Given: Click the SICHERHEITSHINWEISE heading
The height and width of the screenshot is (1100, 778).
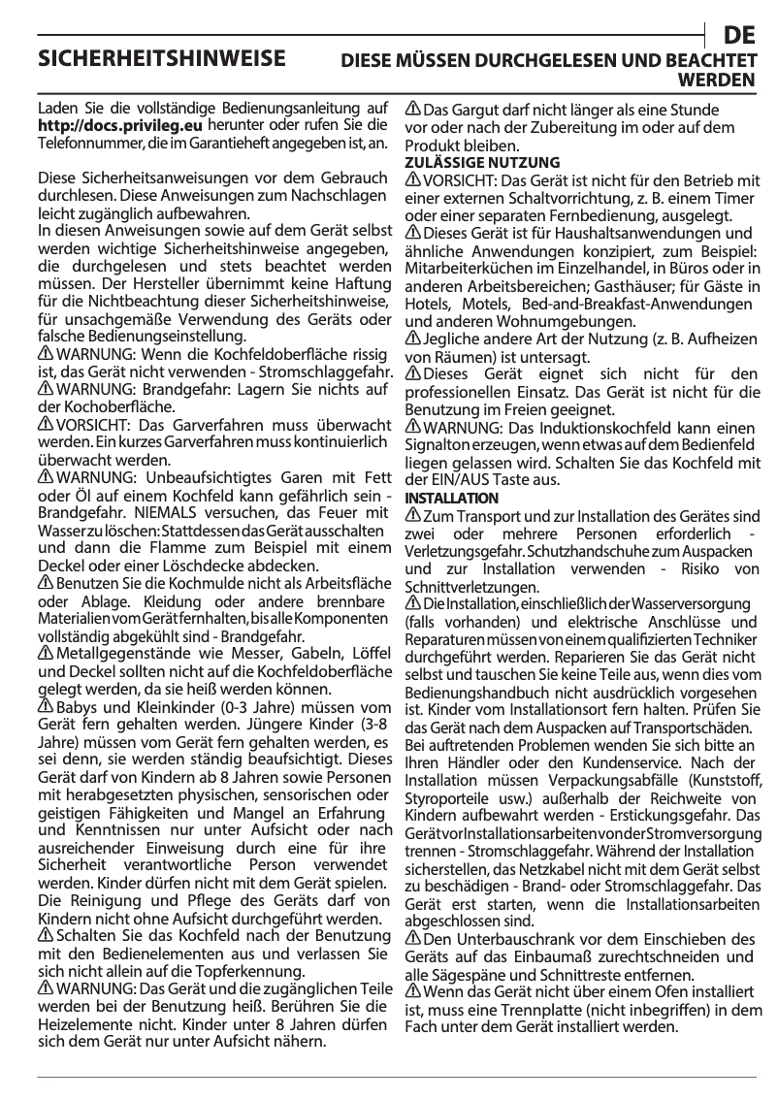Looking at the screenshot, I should tap(161, 58).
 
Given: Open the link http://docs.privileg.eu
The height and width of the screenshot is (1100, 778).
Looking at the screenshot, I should tap(119, 125).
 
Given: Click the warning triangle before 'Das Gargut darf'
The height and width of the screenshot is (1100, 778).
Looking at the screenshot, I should tap(412, 109).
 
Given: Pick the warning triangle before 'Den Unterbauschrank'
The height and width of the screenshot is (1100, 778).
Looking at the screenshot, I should tap(412, 938).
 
